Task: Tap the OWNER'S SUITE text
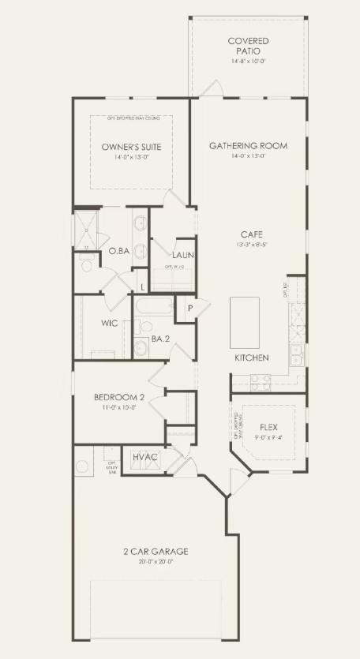[131, 147]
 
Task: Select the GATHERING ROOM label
[248, 146]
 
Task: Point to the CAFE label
[252, 234]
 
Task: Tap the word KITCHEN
[252, 358]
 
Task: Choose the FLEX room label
[268, 426]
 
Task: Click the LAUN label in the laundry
[183, 256]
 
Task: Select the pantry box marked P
[189, 308]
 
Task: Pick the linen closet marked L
[142, 286]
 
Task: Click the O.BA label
[118, 251]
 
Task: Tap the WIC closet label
[109, 324]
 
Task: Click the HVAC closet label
[144, 457]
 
